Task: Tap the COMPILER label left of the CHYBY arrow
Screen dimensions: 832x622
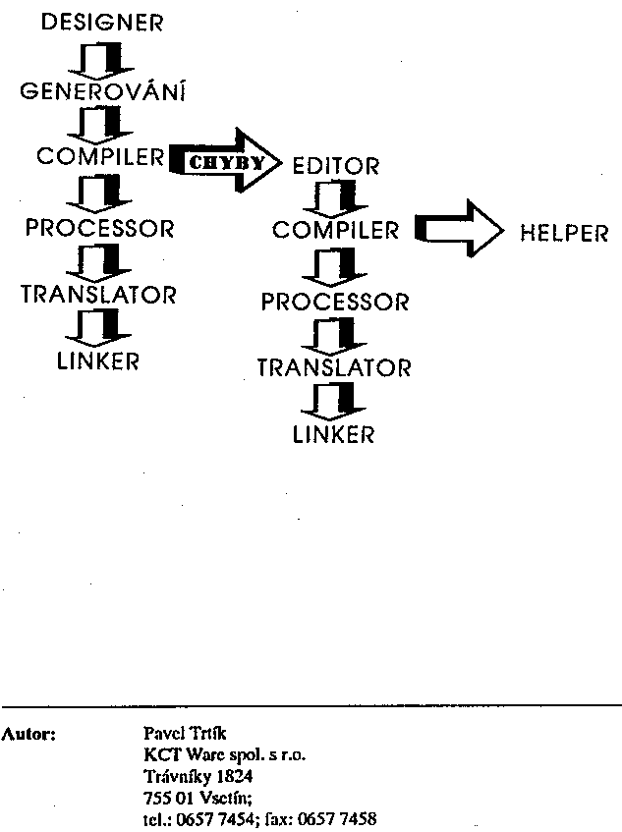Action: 99,157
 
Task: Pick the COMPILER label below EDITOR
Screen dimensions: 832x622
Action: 336,231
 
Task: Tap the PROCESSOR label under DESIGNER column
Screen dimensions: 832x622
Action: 99,229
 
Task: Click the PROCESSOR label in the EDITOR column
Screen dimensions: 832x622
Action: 335,302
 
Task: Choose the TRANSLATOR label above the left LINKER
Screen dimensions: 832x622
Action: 99,295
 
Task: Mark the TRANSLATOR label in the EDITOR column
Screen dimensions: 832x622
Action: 334,368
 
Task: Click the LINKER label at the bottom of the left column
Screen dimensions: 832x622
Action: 98,361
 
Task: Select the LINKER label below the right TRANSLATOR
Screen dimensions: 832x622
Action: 334,433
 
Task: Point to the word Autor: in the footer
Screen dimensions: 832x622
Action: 30,733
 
